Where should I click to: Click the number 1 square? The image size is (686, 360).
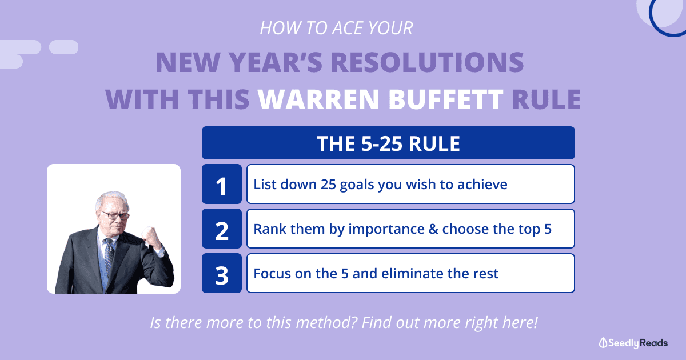click(222, 184)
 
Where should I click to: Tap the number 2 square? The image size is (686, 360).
click(222, 229)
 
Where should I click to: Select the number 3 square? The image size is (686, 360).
click(222, 273)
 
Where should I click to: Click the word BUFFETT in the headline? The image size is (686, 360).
click(446, 99)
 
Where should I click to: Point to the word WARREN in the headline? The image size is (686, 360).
click(318, 99)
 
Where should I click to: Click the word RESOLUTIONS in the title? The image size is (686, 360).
click(428, 62)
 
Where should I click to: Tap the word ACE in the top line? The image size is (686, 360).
click(348, 28)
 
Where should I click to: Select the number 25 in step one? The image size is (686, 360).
click(328, 184)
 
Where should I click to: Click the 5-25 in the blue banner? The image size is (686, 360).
click(382, 143)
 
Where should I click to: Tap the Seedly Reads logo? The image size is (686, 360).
click(633, 343)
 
